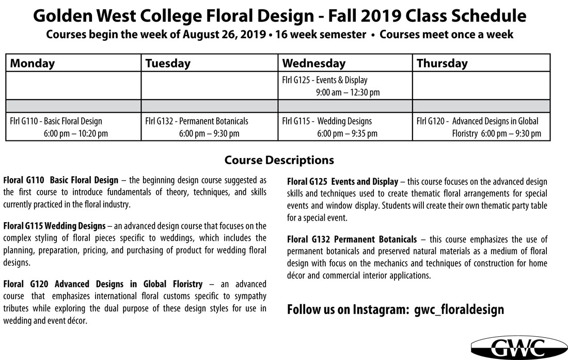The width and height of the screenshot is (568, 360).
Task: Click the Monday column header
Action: click(32, 64)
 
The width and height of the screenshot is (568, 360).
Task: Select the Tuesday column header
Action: click(168, 64)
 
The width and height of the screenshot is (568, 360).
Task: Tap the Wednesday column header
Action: click(313, 64)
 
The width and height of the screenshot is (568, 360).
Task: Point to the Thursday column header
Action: click(442, 64)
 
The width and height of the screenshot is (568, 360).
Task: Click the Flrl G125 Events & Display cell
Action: click(344, 86)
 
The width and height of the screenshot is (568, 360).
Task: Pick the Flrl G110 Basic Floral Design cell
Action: click(73, 127)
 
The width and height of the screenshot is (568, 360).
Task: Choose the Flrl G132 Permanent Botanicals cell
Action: click(209, 127)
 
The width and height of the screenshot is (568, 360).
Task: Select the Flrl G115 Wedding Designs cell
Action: click(344, 127)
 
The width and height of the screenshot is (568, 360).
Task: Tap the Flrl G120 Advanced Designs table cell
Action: click(481, 127)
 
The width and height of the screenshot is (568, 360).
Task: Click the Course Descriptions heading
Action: click(279, 160)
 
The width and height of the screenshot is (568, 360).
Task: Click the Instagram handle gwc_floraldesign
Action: click(459, 310)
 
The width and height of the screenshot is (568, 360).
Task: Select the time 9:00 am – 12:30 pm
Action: click(348, 92)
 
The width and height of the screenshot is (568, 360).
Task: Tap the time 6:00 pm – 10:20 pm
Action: click(76, 134)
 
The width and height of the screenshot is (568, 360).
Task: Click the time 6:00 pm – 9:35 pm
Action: click(347, 134)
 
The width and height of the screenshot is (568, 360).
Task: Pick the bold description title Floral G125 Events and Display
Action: click(342, 182)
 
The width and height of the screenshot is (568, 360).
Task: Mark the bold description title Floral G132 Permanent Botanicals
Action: click(352, 240)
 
